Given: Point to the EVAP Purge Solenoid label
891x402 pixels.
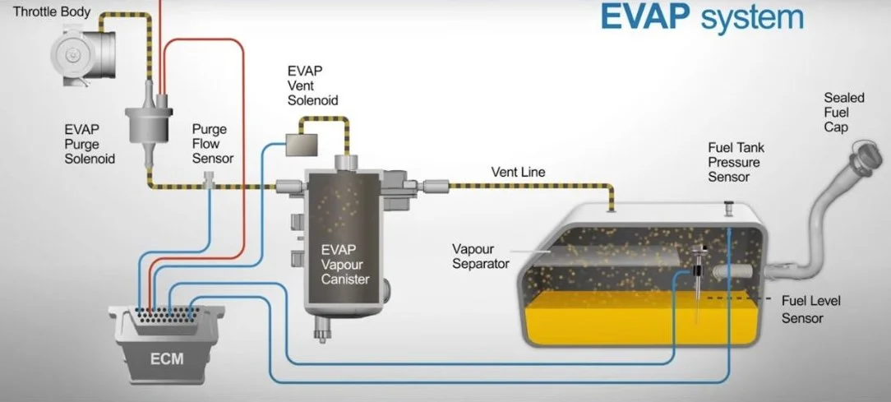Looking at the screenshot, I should (90, 144).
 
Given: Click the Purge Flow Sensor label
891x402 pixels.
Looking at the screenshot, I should (213, 144).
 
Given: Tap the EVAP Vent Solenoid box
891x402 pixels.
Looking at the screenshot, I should (302, 144).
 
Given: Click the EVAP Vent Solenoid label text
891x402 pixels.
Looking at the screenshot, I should (312, 85).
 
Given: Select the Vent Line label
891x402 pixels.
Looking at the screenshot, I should (518, 173).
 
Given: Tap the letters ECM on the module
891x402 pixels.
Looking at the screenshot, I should (167, 358).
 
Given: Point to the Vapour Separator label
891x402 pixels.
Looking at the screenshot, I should (481, 256).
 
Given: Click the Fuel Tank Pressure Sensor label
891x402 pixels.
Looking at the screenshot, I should (736, 162).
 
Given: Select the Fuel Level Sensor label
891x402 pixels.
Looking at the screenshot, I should (810, 309).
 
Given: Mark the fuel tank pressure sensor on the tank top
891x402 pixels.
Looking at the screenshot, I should (727, 207).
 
